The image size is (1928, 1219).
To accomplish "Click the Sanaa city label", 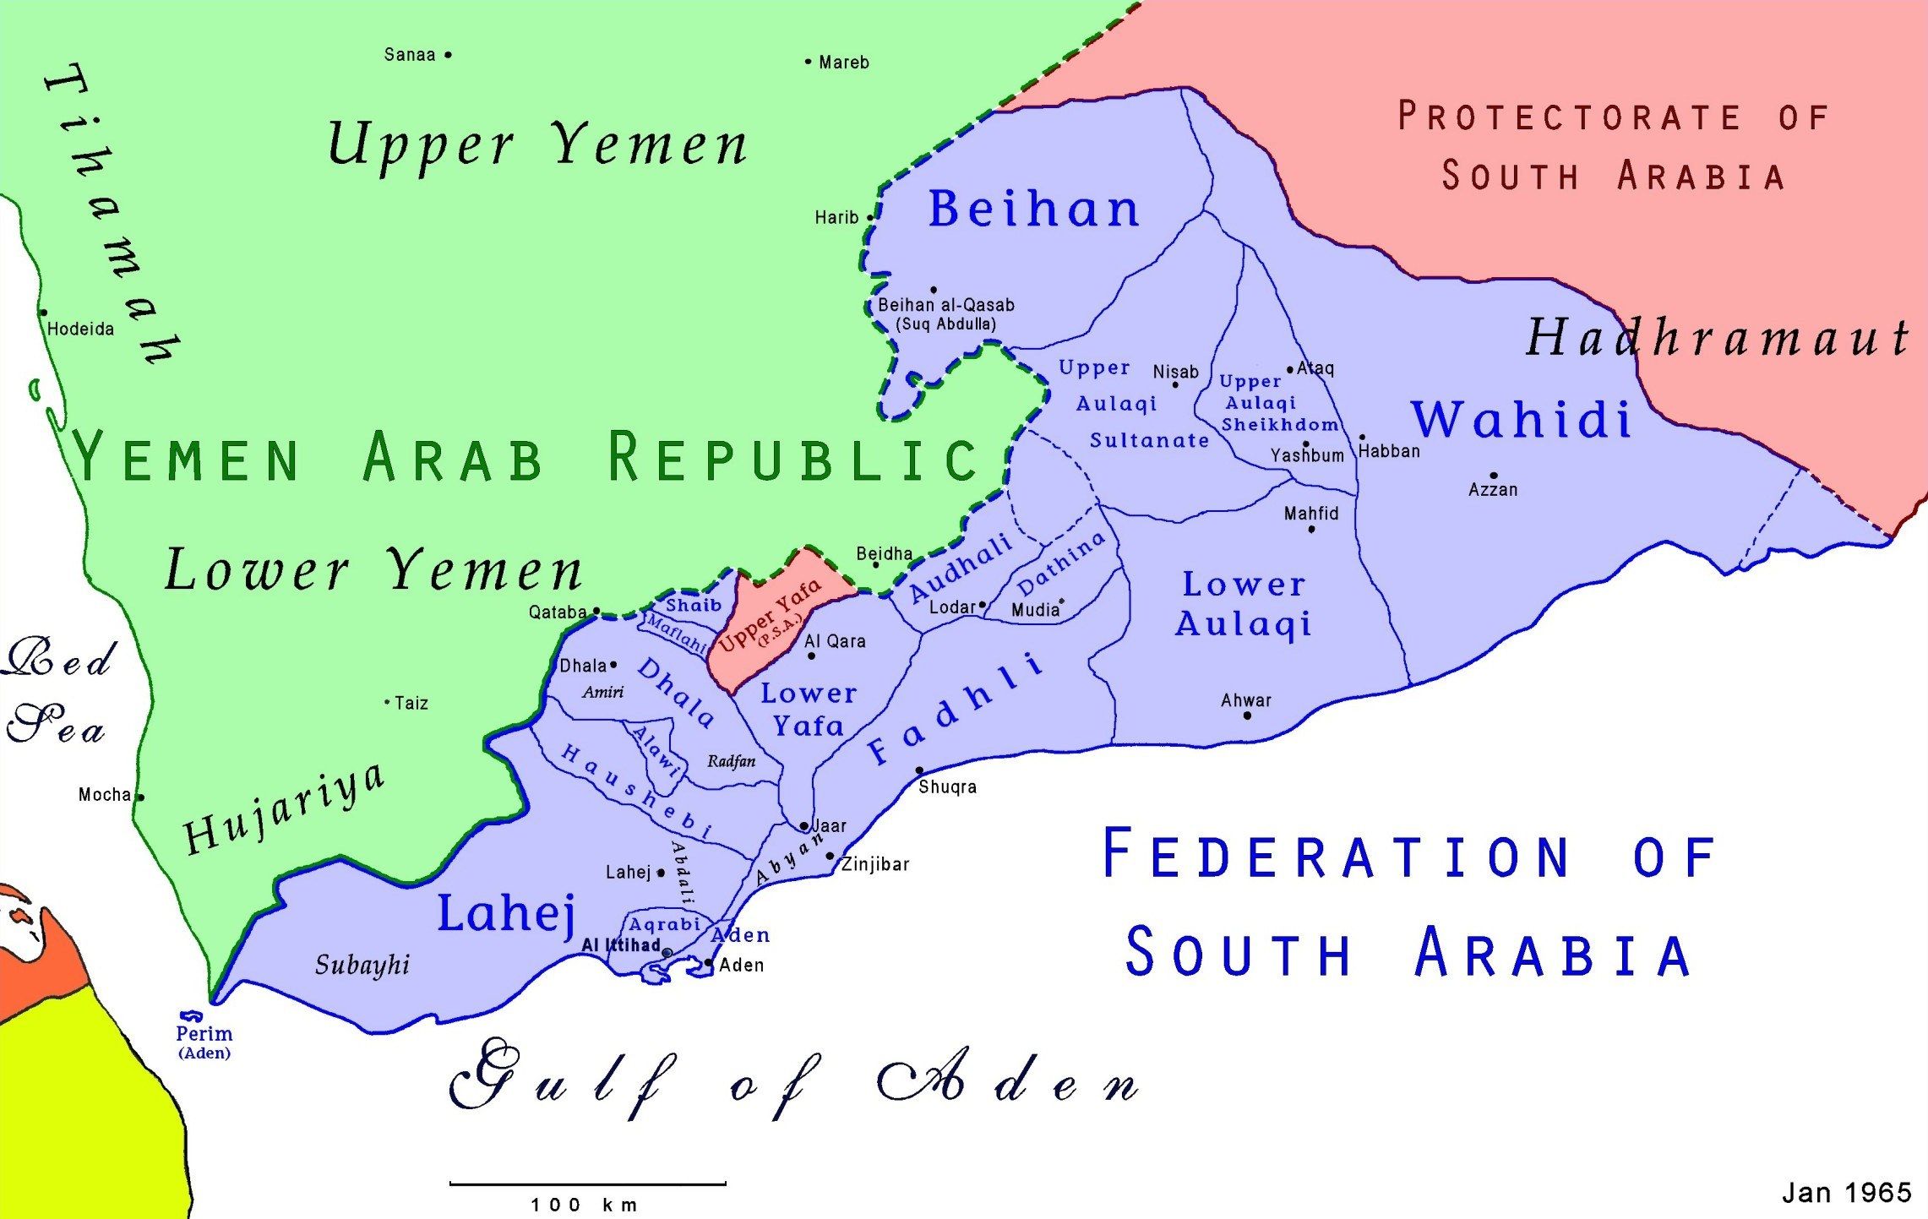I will click(410, 55).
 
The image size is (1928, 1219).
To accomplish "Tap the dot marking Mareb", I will click(808, 62).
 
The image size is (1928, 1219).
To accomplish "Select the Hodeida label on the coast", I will click(80, 329).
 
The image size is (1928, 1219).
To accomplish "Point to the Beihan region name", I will click(1034, 209).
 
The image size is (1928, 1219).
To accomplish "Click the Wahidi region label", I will click(1522, 419).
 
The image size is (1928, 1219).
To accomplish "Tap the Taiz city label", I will click(411, 703).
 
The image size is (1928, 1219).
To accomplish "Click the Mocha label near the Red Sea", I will click(105, 794).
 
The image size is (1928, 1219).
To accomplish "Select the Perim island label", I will click(204, 1033).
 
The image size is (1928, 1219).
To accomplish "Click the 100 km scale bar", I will click(587, 1184).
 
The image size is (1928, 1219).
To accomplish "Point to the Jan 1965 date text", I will click(1847, 1192).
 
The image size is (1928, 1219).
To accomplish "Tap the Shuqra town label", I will click(947, 786).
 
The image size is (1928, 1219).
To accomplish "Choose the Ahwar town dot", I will click(1247, 716).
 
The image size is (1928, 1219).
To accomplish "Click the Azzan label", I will click(1493, 489).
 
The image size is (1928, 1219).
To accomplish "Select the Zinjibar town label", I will click(875, 864).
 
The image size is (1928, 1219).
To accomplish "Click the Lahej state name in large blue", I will click(506, 913).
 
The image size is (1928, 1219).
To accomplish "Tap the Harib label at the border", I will click(836, 217).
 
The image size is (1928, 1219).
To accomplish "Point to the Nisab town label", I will click(1175, 372).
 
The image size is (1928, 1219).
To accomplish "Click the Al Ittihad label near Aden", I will click(621, 945).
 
